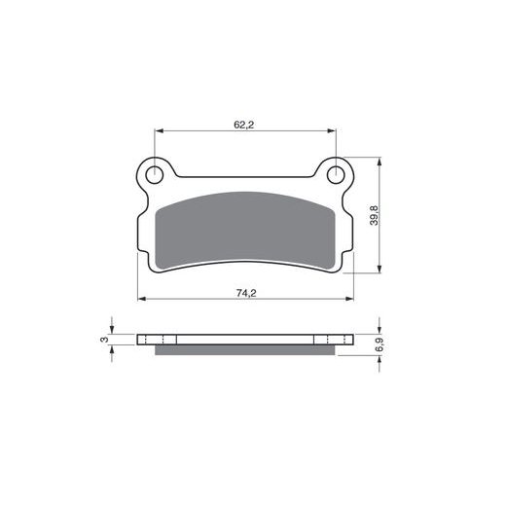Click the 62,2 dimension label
click(244, 125)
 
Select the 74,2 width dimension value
click(246, 293)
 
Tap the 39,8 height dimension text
click(375, 215)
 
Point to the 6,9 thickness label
click(379, 344)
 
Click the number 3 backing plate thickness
click(104, 340)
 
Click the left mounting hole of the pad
click(155, 175)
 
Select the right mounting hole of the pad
click(336, 175)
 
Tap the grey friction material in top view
click(245, 231)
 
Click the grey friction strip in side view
click(245, 350)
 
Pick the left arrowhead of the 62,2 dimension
click(159, 130)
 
